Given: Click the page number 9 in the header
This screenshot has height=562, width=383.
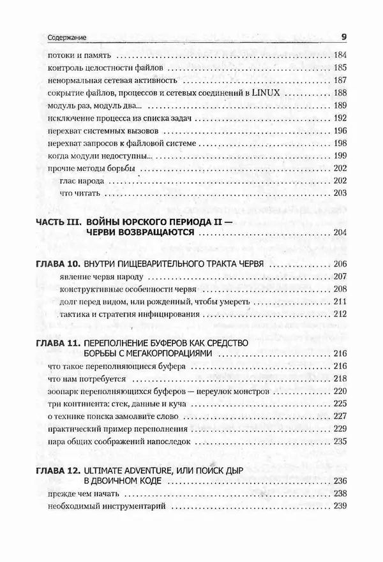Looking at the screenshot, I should click(343, 37).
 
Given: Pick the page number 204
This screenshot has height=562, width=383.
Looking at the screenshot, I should click(340, 233).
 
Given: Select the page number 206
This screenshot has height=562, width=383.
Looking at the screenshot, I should click(340, 264).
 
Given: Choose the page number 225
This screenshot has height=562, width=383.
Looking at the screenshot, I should click(340, 403).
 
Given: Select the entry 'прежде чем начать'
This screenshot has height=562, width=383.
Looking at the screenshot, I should click(81, 494).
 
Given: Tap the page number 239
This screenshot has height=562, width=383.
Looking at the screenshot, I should click(340, 506).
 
